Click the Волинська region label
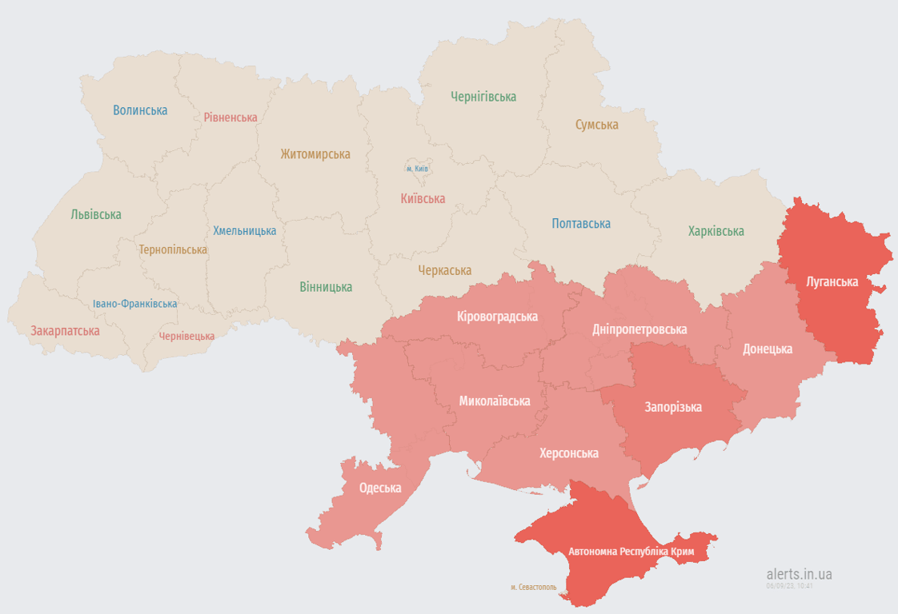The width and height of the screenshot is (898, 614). pyautogui.click(x=140, y=110)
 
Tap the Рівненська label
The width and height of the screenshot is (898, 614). pyautogui.click(x=231, y=118)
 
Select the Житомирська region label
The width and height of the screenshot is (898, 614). pyautogui.click(x=315, y=154)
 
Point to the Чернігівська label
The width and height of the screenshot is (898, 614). pyautogui.click(x=483, y=97)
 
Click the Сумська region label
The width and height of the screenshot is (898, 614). pyautogui.click(x=596, y=125)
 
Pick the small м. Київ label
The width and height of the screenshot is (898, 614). pyautogui.click(x=417, y=169)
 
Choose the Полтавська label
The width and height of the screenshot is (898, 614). pyautogui.click(x=581, y=224)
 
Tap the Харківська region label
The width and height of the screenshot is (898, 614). pyautogui.click(x=716, y=231)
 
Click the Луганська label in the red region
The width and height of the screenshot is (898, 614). pyautogui.click(x=832, y=281)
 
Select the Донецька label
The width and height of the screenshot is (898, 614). pyautogui.click(x=768, y=349)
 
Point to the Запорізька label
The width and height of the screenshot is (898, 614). pyautogui.click(x=673, y=407)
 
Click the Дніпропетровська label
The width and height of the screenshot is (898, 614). pyautogui.click(x=639, y=329)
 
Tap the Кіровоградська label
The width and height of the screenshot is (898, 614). pyautogui.click(x=497, y=316)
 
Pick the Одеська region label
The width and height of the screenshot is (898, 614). pyautogui.click(x=380, y=488)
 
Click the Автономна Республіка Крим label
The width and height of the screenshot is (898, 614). pyautogui.click(x=631, y=552)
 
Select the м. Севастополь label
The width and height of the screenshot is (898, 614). pyautogui.click(x=533, y=587)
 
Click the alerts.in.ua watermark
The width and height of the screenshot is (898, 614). pyautogui.click(x=799, y=573)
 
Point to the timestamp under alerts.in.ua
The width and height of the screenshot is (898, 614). pyautogui.click(x=789, y=586)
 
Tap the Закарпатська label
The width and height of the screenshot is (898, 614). pyautogui.click(x=65, y=330)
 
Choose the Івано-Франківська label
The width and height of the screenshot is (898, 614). pyautogui.click(x=134, y=304)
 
